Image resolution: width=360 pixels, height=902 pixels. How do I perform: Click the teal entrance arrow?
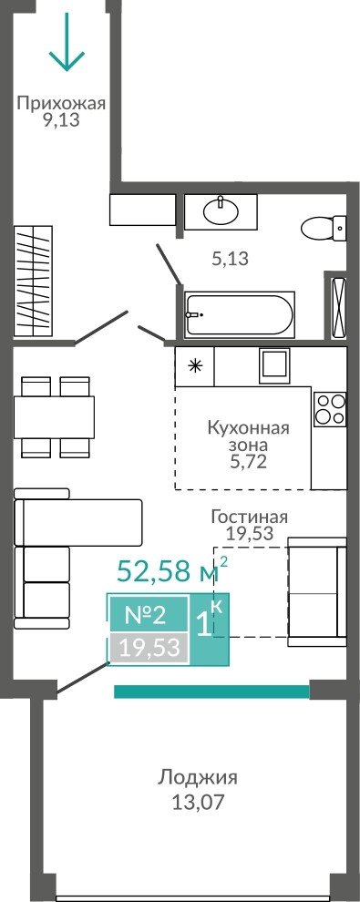pos(67,41)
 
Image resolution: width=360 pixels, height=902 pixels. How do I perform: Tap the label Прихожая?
pos(61,104)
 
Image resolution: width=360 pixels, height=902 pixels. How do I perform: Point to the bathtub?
pos(239,314)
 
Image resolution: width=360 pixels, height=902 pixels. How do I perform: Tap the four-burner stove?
pos(330,409)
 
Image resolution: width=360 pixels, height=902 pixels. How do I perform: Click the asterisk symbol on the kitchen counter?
pos(196,365)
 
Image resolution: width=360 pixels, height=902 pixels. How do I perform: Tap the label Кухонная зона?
pos(247,436)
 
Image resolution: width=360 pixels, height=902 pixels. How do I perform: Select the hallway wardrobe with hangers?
pos(34,282)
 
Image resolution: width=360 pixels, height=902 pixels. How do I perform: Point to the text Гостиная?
pos(249,517)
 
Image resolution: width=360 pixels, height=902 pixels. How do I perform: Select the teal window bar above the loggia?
pos(212,691)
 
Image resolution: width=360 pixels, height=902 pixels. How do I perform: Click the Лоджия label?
pos(197,778)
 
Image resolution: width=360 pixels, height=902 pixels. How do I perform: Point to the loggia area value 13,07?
pos(197,803)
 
